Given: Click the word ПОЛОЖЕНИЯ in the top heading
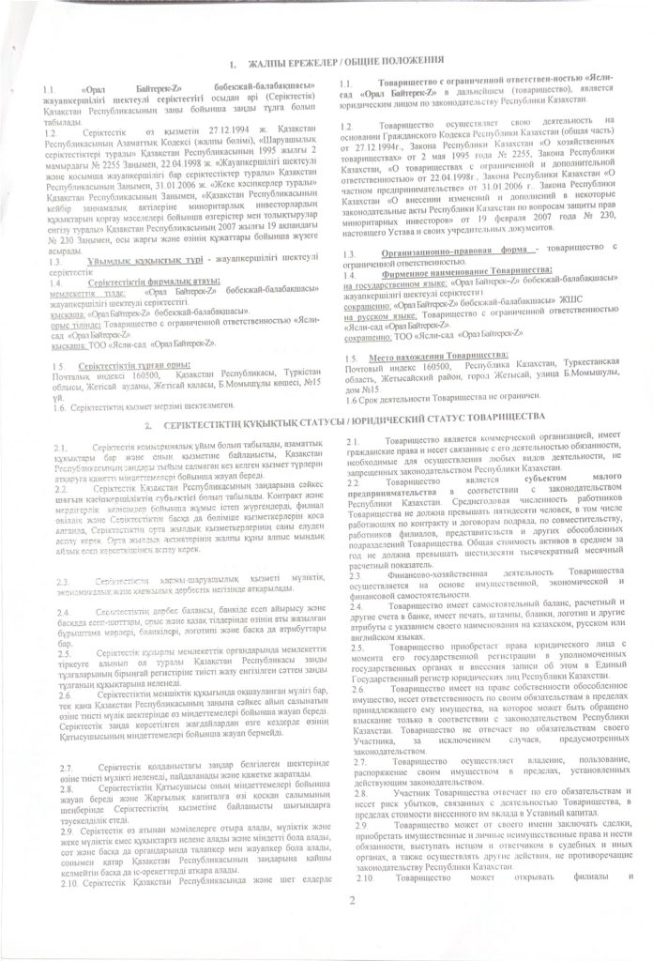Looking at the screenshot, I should pos(409,61).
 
